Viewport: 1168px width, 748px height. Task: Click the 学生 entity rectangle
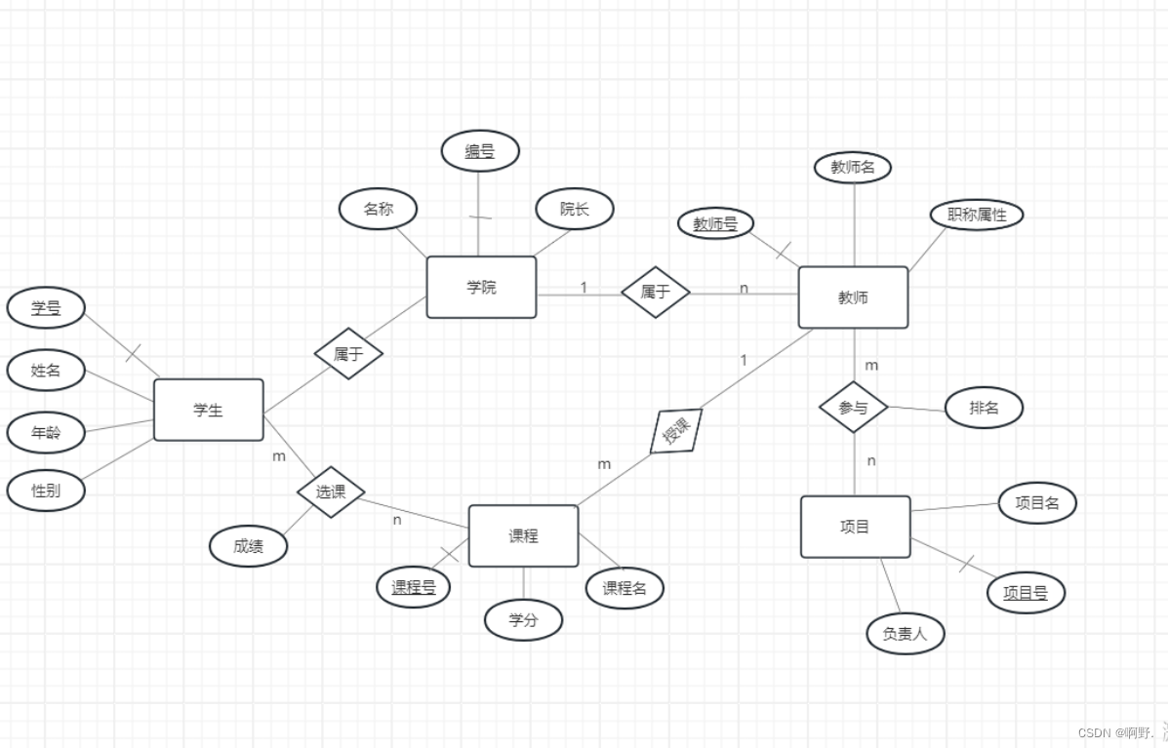(x=208, y=410)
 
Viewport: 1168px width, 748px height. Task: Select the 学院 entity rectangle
(x=481, y=287)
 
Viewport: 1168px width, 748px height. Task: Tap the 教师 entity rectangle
(x=853, y=297)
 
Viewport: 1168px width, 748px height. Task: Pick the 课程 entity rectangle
(x=523, y=535)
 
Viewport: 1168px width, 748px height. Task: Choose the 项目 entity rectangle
(x=855, y=527)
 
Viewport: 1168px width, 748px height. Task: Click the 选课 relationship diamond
(x=331, y=492)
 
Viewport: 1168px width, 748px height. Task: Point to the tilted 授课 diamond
(x=676, y=431)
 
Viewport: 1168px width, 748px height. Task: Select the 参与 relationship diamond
(x=853, y=408)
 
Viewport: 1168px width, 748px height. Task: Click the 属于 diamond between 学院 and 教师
(x=656, y=292)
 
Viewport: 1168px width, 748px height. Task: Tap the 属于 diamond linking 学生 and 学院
(x=348, y=354)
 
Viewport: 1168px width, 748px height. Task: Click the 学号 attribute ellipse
(x=46, y=308)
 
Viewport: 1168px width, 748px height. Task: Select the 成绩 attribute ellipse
(x=249, y=546)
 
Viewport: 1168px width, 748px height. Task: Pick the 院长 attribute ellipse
(x=575, y=209)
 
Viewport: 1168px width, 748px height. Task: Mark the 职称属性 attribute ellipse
(x=977, y=215)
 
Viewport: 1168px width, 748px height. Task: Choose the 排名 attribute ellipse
(x=984, y=408)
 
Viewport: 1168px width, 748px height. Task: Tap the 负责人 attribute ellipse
(x=906, y=634)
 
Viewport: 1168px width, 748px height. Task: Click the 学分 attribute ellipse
(x=523, y=619)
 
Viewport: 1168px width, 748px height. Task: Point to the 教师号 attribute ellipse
(x=716, y=223)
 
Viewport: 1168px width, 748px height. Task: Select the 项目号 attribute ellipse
(x=1025, y=592)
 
